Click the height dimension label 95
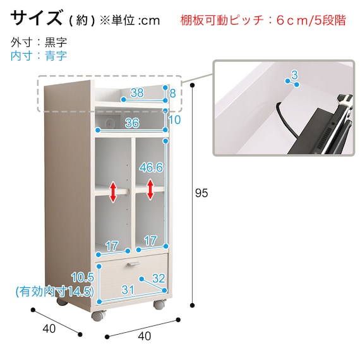[x=201, y=193]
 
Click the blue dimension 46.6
[x=152, y=167]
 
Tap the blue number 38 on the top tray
[x=137, y=93]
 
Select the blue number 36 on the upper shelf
[x=132, y=123]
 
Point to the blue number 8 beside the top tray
[x=172, y=93]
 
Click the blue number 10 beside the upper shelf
[x=174, y=120]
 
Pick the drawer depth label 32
[x=159, y=279]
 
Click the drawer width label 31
[x=128, y=290]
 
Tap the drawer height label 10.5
[x=83, y=277]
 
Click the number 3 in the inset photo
[x=294, y=75]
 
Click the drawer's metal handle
[x=133, y=264]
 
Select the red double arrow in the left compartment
[x=113, y=192]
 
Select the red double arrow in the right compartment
[x=150, y=189]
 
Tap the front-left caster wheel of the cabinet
[x=99, y=315]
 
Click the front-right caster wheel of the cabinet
[x=159, y=304]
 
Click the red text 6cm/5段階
[x=311, y=20]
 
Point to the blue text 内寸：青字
[x=39, y=56]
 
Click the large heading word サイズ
[x=37, y=18]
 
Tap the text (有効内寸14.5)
[x=55, y=292]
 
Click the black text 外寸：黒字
[x=39, y=42]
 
